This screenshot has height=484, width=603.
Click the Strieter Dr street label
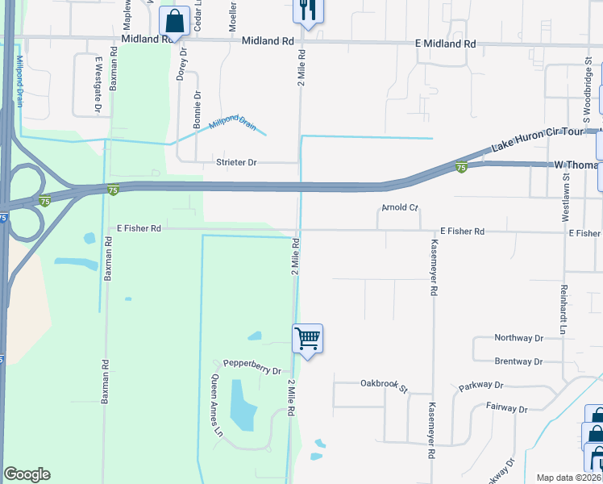235,162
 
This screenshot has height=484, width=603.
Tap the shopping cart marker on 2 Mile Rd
308,339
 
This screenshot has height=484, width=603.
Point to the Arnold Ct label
400,208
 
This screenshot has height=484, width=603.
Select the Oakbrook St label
385,383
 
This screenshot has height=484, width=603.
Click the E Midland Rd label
445,44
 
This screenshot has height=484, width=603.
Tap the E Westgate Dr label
98,85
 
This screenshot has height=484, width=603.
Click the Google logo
27,474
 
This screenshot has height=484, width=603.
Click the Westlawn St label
567,202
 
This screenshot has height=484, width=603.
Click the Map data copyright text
568,478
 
